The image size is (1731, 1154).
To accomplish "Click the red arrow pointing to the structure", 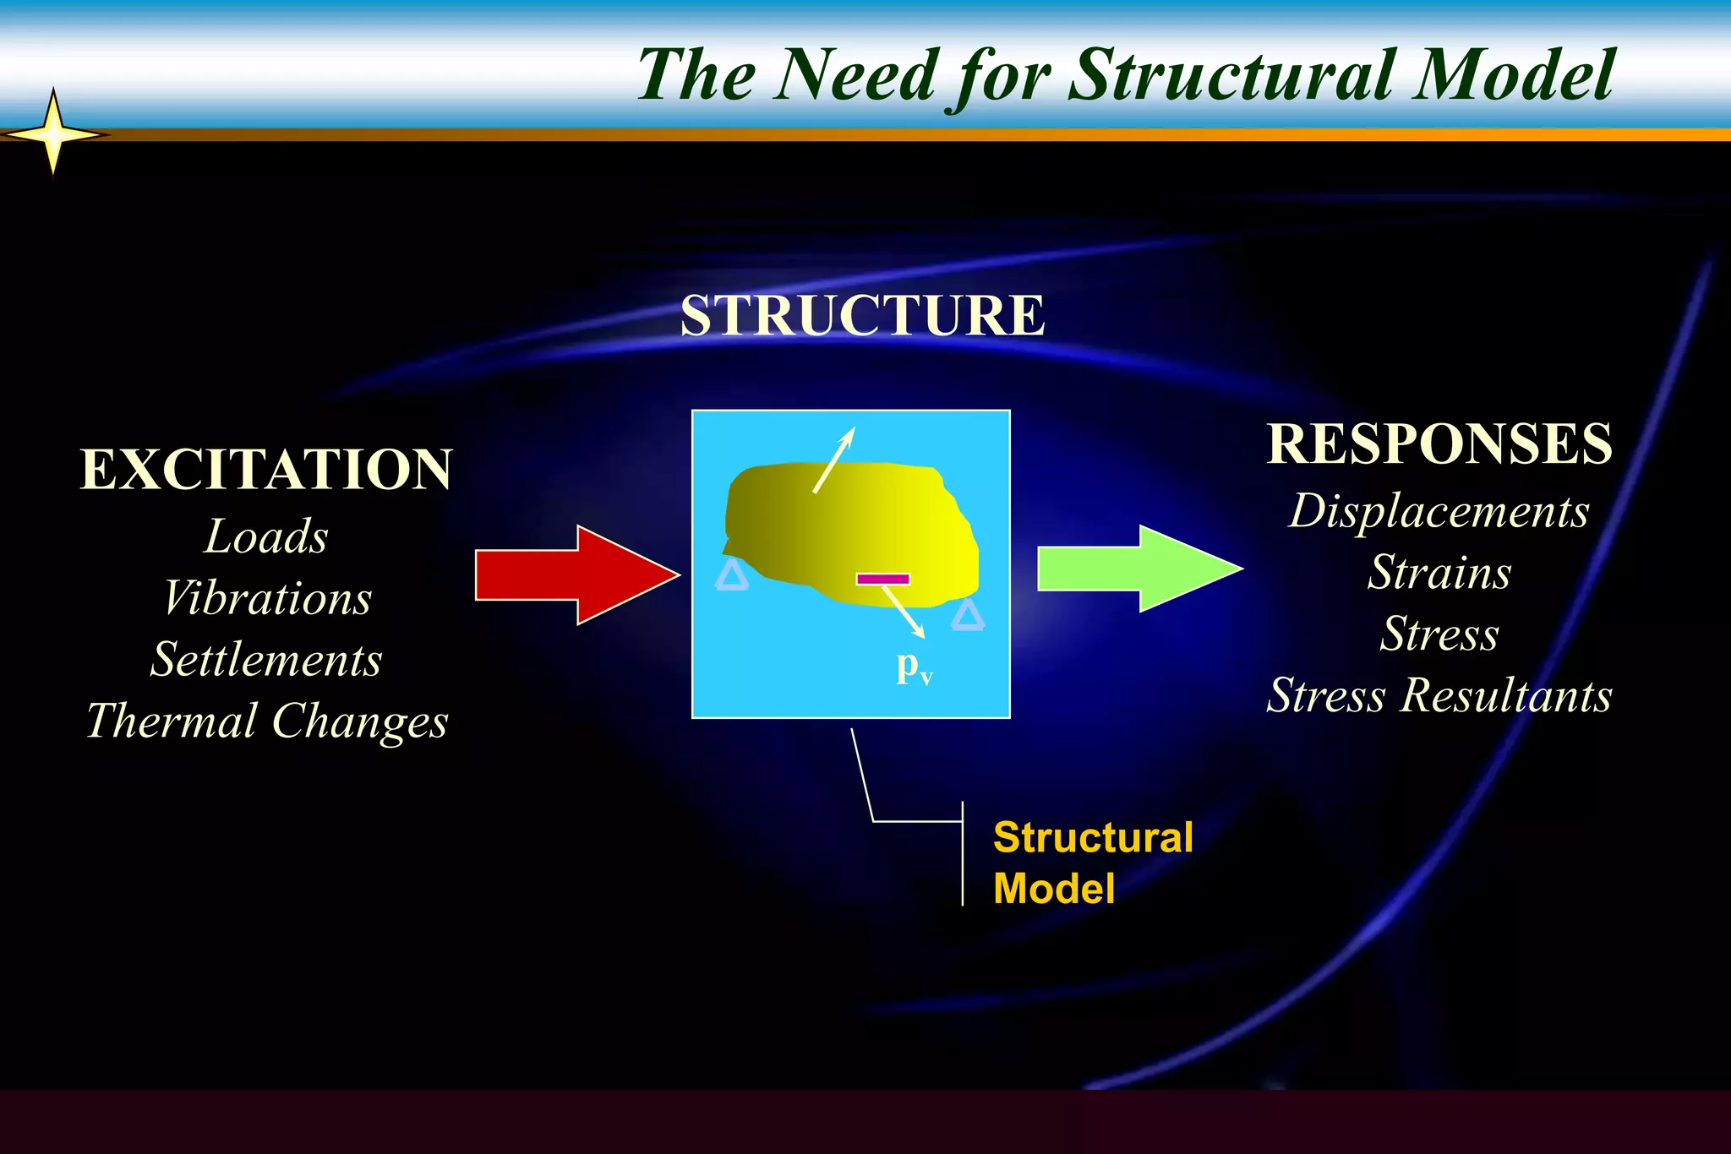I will click(x=575, y=575).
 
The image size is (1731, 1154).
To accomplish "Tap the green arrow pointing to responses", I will click(x=1137, y=569).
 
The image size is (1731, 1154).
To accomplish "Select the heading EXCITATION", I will click(x=266, y=470).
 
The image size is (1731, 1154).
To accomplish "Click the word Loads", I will click(x=266, y=537).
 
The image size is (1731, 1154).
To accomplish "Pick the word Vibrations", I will click(x=267, y=599).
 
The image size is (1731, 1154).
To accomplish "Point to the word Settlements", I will click(x=266, y=660).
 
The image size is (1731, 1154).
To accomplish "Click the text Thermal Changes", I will click(x=267, y=721).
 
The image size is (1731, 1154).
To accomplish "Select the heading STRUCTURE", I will click(x=862, y=316).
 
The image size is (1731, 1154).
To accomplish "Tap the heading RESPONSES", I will click(x=1439, y=444).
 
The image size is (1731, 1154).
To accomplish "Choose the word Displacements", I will click(x=1439, y=512).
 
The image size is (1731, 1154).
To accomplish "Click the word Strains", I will click(x=1439, y=573).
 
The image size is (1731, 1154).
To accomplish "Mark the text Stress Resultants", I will click(x=1439, y=696).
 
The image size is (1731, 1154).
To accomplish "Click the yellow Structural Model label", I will click(x=1092, y=863).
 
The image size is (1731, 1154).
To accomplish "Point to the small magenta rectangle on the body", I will click(x=882, y=580).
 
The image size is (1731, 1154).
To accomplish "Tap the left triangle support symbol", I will click(x=732, y=577).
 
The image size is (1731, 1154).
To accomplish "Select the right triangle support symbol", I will click(x=967, y=617).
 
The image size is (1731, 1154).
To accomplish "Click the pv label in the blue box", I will click(x=914, y=668).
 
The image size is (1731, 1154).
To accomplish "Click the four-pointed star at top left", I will click(x=53, y=133).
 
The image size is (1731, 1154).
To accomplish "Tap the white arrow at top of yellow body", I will click(x=834, y=459).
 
